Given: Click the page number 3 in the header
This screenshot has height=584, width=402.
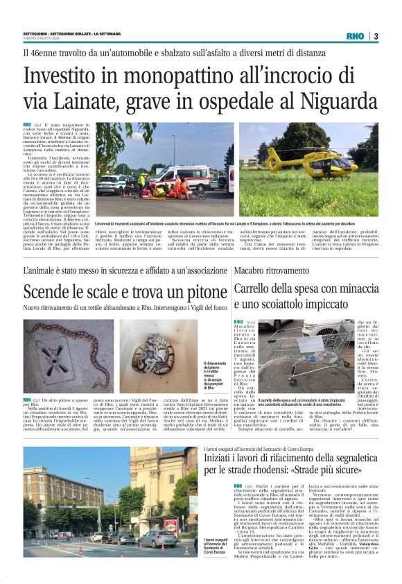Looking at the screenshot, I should pos(376,36).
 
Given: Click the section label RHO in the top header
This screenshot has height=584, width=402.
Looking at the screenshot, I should pos(355,36).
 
